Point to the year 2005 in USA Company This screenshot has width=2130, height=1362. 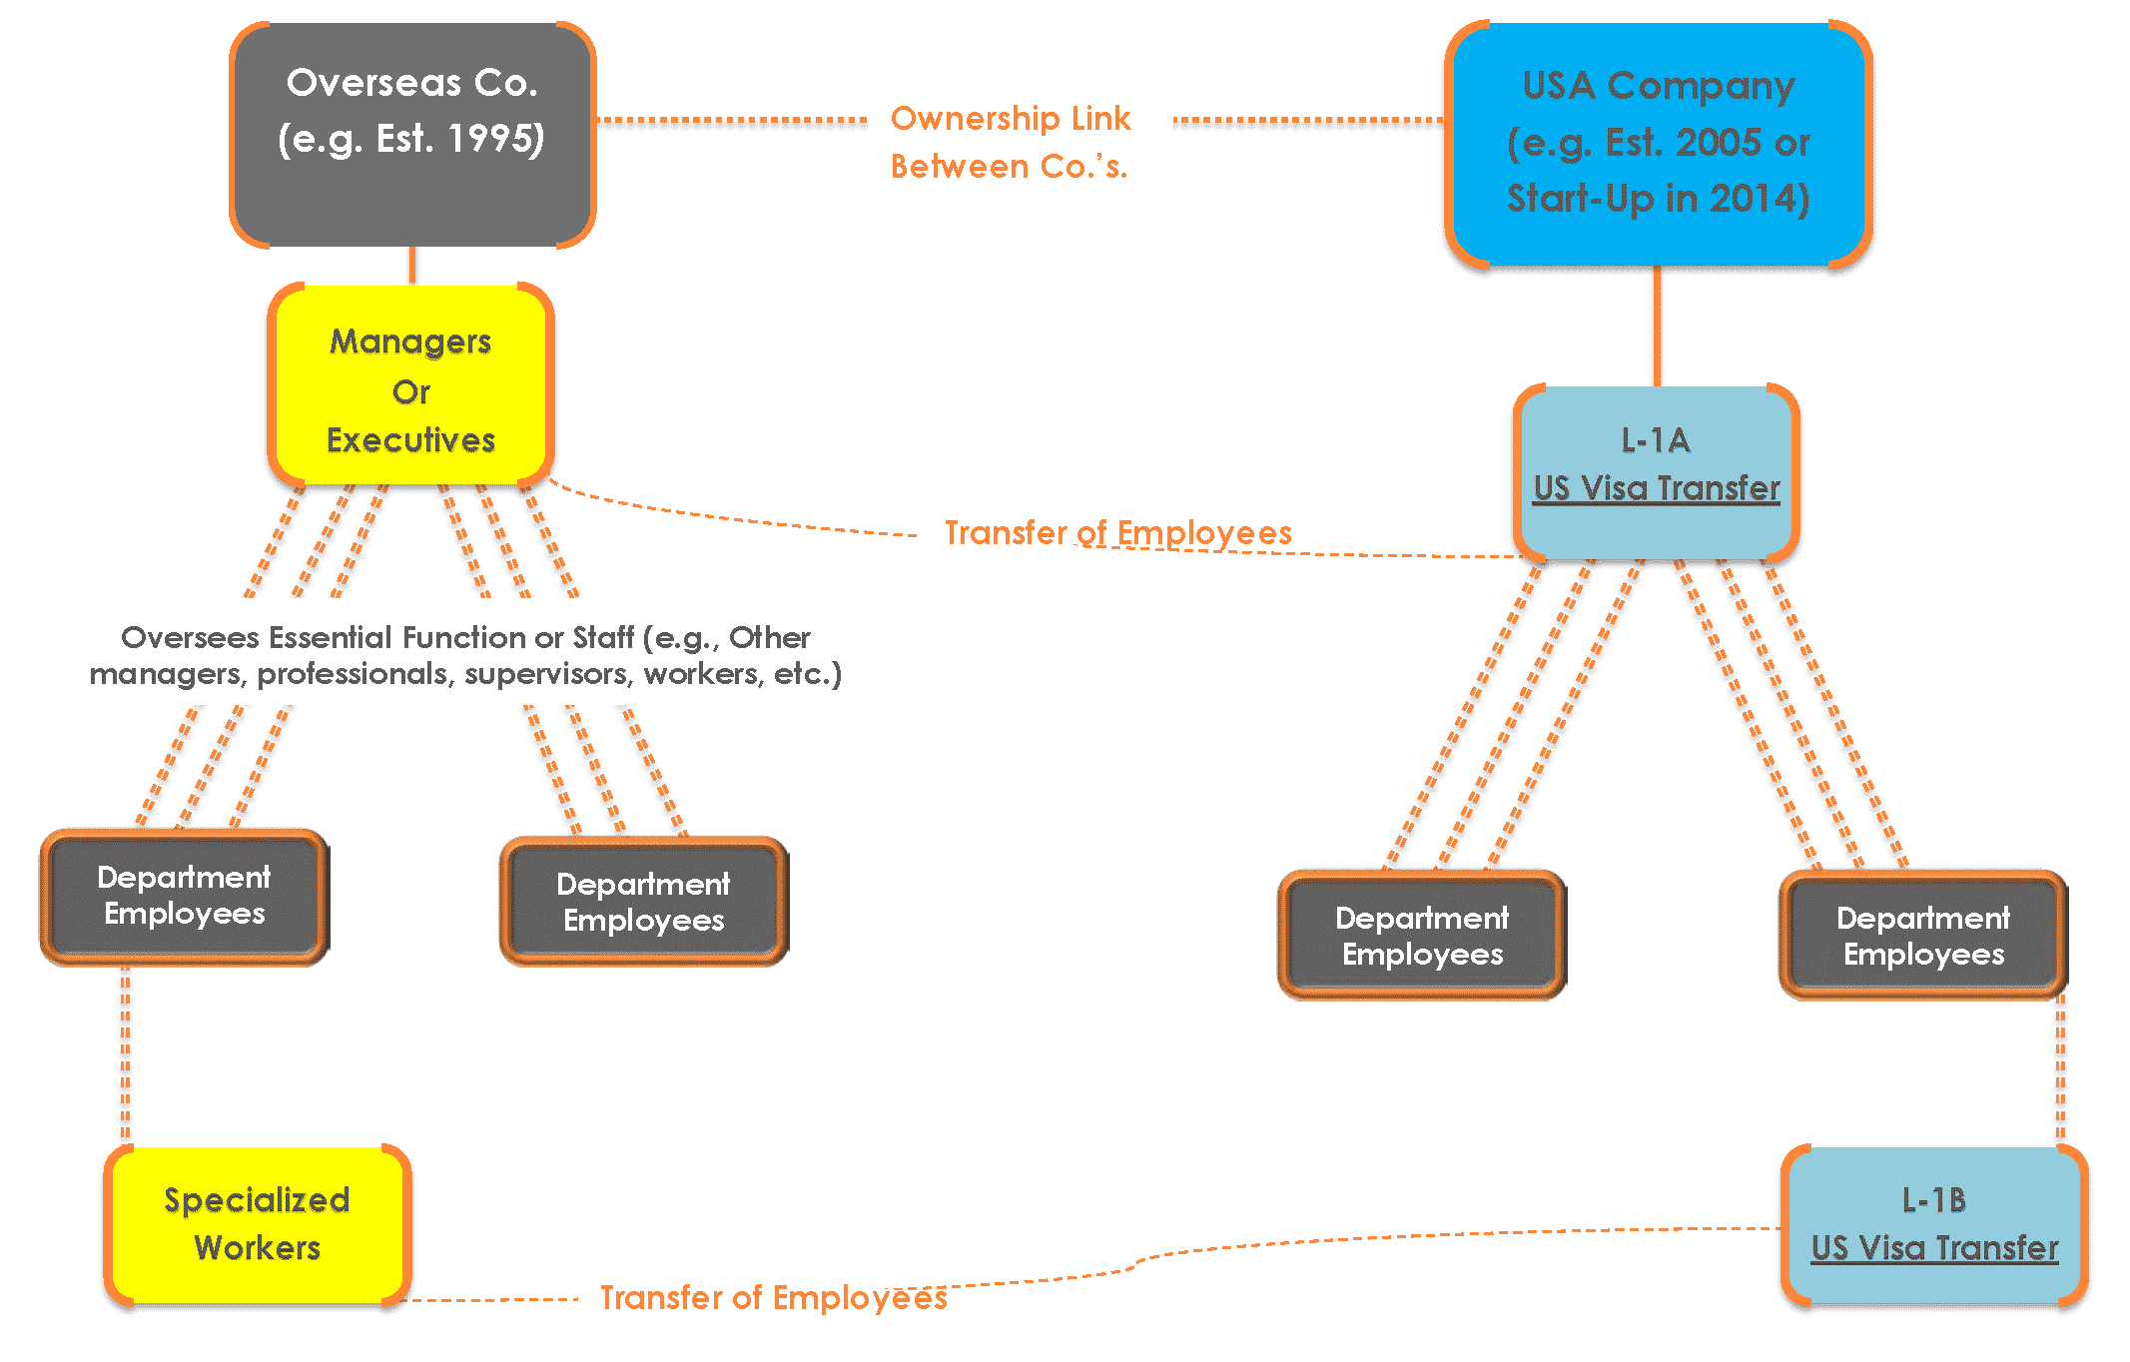(x=1717, y=143)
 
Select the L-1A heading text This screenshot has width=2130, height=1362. (x=1655, y=440)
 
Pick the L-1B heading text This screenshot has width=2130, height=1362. (x=1933, y=1199)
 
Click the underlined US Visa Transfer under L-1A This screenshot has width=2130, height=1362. (x=1657, y=488)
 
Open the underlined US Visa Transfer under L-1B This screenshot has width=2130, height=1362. (x=1934, y=1248)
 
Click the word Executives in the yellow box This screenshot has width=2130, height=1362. (x=410, y=440)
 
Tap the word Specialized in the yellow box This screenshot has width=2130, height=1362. (x=257, y=1200)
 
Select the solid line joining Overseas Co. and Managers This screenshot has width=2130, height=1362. (x=412, y=266)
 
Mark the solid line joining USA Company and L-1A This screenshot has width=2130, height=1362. (x=1658, y=326)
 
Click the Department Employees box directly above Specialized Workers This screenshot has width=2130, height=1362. (x=185, y=896)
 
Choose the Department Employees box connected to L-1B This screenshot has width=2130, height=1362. (x=1923, y=936)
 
